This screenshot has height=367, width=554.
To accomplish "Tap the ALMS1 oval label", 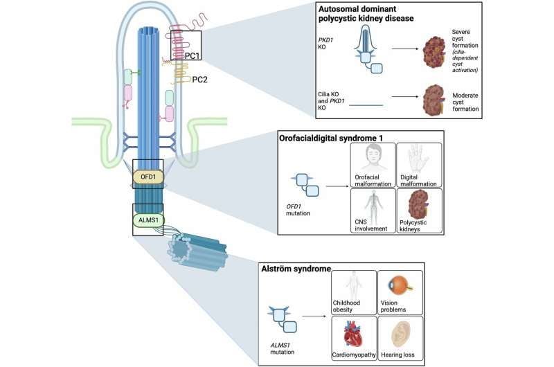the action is [x=148, y=220].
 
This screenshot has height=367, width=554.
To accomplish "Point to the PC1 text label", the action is [x=193, y=56].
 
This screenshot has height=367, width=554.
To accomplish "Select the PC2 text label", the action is [x=199, y=80].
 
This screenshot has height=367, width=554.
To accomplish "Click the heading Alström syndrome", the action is [x=296, y=269].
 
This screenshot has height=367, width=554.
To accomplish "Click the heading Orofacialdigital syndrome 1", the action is [x=331, y=138].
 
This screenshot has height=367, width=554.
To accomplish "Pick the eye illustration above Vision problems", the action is [x=400, y=285].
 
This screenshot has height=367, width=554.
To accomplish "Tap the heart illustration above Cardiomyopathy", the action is [x=353, y=334].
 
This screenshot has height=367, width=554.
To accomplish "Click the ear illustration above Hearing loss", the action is [x=400, y=334].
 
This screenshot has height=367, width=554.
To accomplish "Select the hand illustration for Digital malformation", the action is [x=418, y=159].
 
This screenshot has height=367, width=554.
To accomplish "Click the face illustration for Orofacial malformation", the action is [x=373, y=158].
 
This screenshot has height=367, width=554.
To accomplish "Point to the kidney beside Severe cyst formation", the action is [x=434, y=52].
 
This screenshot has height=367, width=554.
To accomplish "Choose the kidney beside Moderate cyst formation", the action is [x=434, y=100].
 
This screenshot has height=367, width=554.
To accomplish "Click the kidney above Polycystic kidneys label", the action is [x=419, y=204].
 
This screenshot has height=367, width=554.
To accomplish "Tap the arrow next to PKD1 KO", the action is [x=404, y=48].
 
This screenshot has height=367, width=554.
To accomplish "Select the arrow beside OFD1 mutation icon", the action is [x=337, y=186].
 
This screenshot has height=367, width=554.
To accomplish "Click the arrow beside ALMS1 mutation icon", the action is [x=314, y=316].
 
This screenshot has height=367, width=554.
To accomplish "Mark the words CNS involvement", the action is [x=371, y=225].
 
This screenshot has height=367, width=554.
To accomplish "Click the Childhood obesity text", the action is [x=346, y=306].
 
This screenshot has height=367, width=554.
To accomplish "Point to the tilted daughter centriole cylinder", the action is [x=197, y=252].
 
